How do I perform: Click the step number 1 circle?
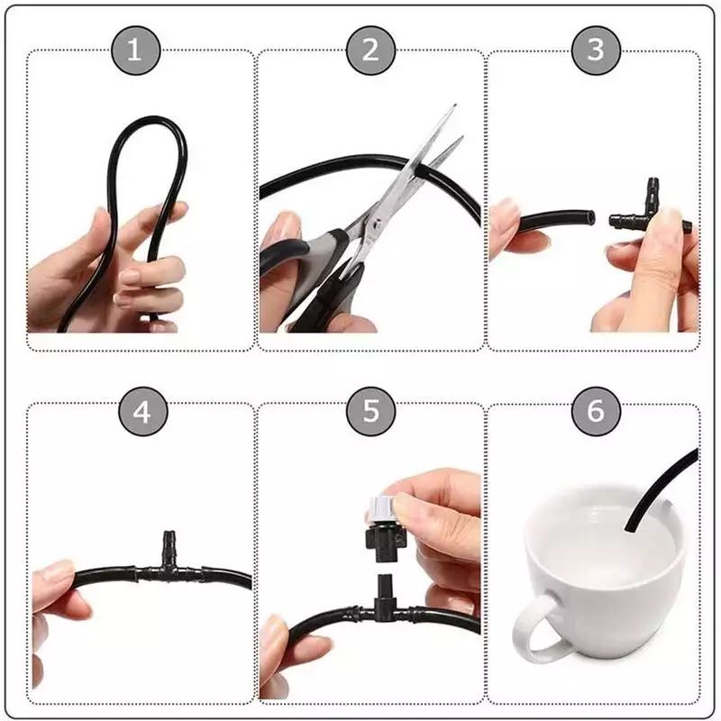(x=134, y=50)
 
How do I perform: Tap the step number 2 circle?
(x=370, y=50)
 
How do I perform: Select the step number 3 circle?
(x=595, y=50)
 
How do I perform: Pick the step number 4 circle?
(x=141, y=412)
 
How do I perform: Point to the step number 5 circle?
(x=370, y=412)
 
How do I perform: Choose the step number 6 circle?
(x=595, y=412)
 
